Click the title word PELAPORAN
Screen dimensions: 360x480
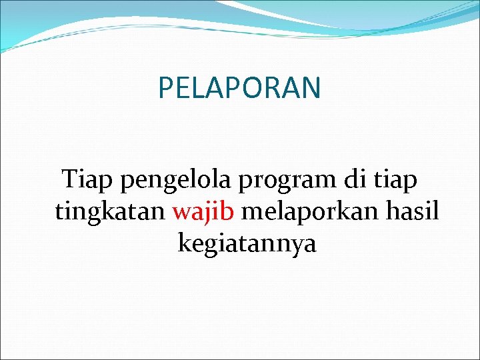(x=239, y=87)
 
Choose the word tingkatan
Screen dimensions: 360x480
(x=111, y=213)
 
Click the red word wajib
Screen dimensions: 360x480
(x=204, y=213)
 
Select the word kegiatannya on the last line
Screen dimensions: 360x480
(x=247, y=245)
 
